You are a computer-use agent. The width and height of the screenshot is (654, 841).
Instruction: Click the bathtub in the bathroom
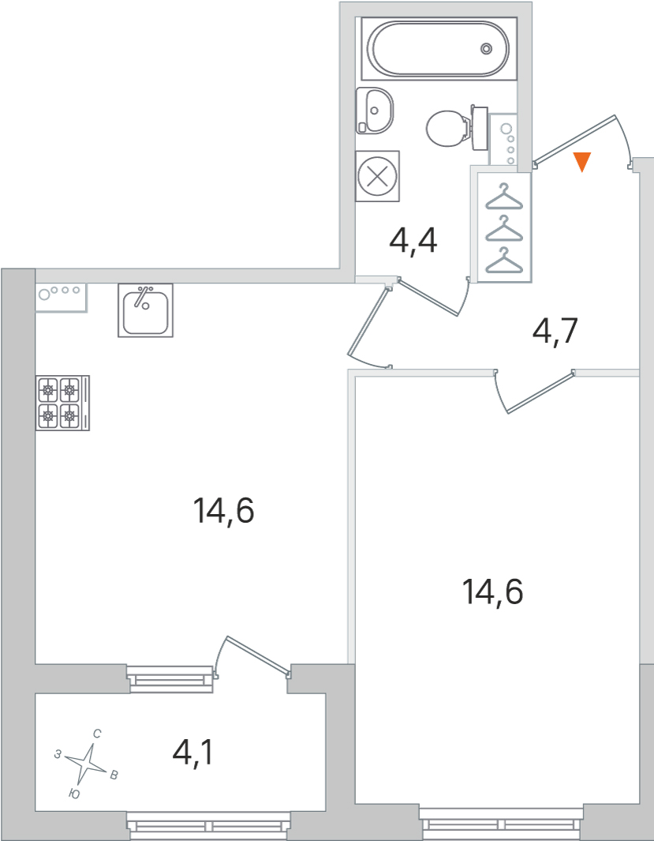point(439,49)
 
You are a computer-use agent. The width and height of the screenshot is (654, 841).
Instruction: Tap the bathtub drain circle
point(486,49)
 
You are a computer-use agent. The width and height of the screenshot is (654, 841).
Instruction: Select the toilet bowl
point(450,128)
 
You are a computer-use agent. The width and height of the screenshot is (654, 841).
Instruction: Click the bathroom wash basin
point(375,111)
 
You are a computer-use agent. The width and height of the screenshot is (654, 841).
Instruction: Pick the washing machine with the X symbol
point(378,176)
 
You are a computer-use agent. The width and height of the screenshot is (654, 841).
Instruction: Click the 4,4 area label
point(413,242)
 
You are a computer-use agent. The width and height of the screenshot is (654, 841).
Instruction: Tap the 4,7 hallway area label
point(555,332)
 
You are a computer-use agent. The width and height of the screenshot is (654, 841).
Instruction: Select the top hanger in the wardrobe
point(503,197)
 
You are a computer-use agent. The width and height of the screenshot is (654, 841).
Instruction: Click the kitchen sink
point(146,310)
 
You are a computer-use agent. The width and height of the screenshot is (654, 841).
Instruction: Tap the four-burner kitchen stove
point(62,403)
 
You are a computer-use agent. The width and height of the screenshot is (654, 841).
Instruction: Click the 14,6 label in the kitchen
point(223,511)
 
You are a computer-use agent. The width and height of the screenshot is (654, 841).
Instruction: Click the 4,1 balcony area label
point(192,753)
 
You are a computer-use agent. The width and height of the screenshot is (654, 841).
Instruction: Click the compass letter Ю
point(74,794)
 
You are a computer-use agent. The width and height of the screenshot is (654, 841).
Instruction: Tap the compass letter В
point(114,775)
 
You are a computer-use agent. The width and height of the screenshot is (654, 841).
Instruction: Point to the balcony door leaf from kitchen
point(259,655)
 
